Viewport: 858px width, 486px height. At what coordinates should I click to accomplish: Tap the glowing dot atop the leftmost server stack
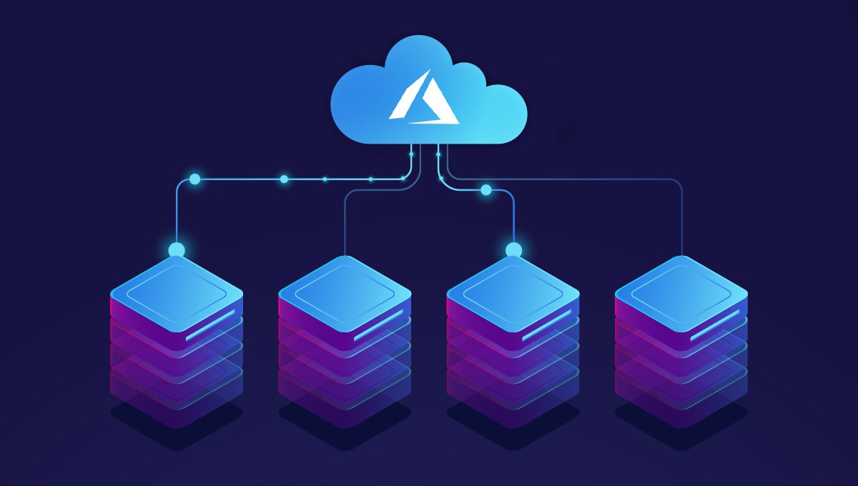tap(176, 250)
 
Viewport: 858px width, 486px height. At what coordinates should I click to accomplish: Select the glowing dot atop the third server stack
tap(513, 250)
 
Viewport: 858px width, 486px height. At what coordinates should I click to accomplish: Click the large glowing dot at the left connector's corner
tap(194, 179)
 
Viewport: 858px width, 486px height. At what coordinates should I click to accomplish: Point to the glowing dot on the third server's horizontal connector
tap(486, 190)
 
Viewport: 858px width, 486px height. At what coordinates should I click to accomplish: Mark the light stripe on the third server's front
tap(546, 325)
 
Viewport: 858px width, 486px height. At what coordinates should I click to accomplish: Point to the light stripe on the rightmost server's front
tap(714, 325)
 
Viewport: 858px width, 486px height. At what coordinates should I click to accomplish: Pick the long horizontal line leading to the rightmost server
tap(572, 179)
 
